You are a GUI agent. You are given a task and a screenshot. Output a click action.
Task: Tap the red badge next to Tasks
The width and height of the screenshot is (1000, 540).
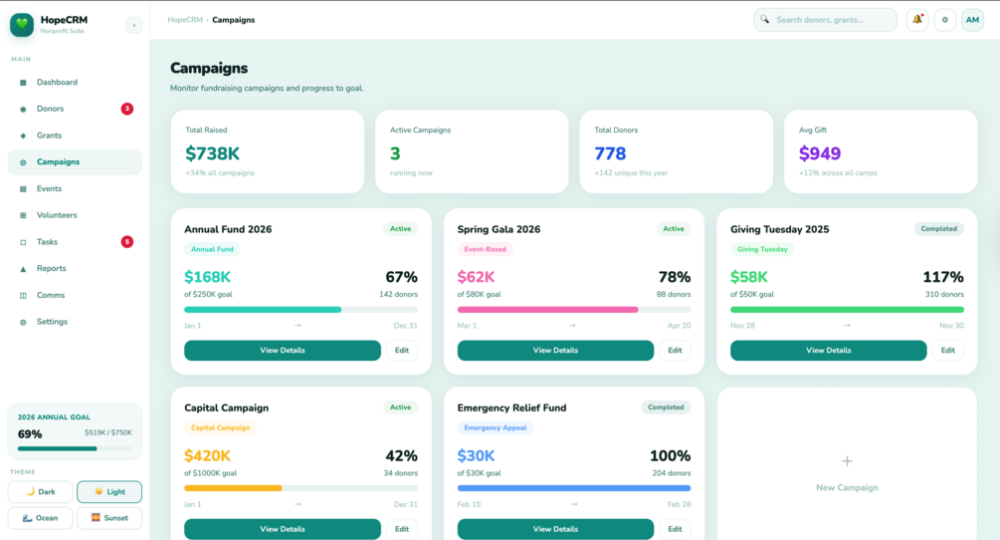(x=127, y=242)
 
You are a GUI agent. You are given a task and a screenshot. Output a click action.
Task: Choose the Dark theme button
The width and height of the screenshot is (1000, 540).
(x=40, y=492)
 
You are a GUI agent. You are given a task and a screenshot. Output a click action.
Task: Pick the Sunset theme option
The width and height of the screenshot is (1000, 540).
(x=109, y=518)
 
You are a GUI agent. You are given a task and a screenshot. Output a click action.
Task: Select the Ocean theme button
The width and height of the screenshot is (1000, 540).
(x=40, y=518)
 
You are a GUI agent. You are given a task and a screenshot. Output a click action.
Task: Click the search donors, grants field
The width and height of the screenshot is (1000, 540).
(x=825, y=20)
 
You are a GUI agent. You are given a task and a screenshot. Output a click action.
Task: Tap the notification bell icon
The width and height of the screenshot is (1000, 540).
(x=917, y=20)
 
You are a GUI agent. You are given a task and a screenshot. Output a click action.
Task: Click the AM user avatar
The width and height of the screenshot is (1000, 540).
(x=972, y=20)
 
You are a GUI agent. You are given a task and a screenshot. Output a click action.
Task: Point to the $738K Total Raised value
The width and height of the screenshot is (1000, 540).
(x=212, y=153)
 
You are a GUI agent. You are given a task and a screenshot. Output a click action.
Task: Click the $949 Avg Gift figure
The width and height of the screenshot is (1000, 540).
(x=820, y=153)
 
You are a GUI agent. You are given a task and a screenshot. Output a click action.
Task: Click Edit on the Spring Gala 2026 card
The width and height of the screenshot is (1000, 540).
(x=675, y=351)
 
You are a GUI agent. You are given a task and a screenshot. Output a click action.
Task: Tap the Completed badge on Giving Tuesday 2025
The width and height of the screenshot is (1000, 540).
(x=938, y=228)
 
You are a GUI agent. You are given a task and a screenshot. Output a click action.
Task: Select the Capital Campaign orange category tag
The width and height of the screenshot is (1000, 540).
(x=221, y=427)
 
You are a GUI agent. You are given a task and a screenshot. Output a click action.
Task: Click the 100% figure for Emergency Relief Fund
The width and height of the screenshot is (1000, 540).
(x=670, y=455)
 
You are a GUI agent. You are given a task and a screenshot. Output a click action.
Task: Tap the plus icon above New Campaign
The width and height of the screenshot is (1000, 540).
(x=847, y=461)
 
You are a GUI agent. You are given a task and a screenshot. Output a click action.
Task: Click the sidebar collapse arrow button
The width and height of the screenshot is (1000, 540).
(x=134, y=26)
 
